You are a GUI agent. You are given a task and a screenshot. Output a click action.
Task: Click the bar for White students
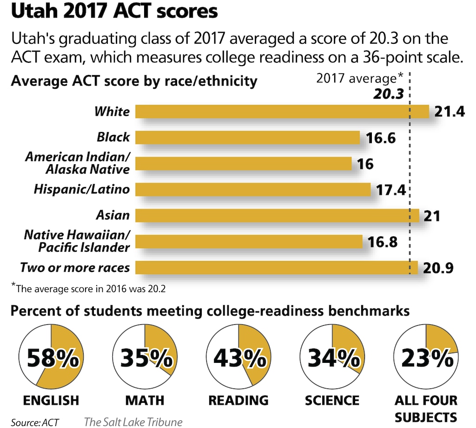tap(282, 112)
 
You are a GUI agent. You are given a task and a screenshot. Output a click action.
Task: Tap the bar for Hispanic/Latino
tap(253, 190)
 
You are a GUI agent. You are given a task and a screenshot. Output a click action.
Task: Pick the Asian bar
tap(277, 216)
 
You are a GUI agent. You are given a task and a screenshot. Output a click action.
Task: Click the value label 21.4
tap(450, 112)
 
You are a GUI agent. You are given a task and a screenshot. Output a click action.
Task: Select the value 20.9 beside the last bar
tap(438, 268)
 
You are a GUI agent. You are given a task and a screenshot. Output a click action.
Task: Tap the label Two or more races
tap(74, 268)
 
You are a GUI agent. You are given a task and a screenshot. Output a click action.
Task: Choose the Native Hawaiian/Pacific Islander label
tap(77, 241)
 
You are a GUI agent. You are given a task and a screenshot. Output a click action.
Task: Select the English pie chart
tap(52, 357)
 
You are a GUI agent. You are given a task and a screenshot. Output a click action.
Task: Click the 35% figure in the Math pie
tap(145, 357)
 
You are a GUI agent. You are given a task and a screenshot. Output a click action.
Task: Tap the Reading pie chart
tap(238, 357)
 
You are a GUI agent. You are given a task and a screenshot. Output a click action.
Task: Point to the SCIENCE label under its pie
tap(332, 401)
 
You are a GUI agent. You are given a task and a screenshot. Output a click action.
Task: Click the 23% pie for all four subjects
tap(426, 357)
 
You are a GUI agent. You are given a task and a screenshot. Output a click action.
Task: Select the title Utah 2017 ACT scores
tap(114, 12)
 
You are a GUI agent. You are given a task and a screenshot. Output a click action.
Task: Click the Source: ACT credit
tap(35, 422)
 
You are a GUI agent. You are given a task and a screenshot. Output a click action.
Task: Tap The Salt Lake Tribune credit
tap(133, 422)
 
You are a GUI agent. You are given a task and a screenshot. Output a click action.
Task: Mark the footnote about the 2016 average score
tap(89, 288)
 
